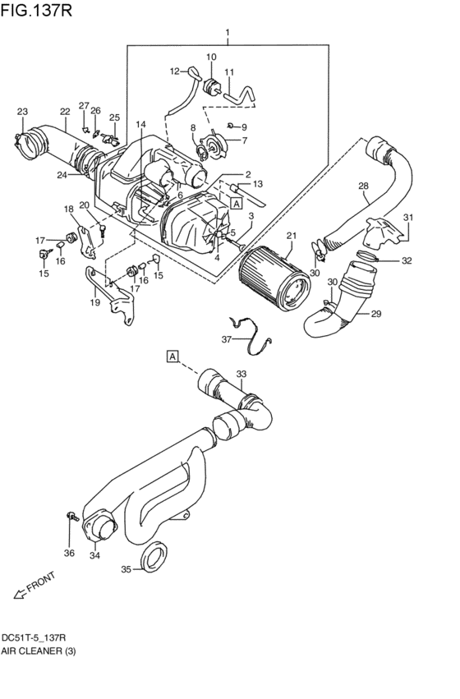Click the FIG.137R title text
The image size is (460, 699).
pyautogui.click(x=36, y=11)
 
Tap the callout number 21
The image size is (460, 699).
pyautogui.click(x=292, y=236)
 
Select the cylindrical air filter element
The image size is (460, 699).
pyautogui.click(x=274, y=279)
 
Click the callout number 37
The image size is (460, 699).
pyautogui.click(x=227, y=339)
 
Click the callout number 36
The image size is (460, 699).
pyautogui.click(x=69, y=554)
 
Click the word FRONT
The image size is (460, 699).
pyautogui.click(x=40, y=582)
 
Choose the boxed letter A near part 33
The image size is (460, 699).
pyautogui.click(x=172, y=356)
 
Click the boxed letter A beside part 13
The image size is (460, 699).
pyautogui.click(x=237, y=204)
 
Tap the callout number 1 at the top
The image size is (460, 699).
pyautogui.click(x=228, y=33)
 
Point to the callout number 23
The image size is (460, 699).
pyautogui.click(x=22, y=112)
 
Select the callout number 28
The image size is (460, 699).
pyautogui.click(x=363, y=186)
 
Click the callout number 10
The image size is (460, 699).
pyautogui.click(x=211, y=57)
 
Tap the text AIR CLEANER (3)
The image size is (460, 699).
pyautogui.click(x=39, y=651)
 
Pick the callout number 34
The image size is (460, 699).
pyautogui.click(x=95, y=555)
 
